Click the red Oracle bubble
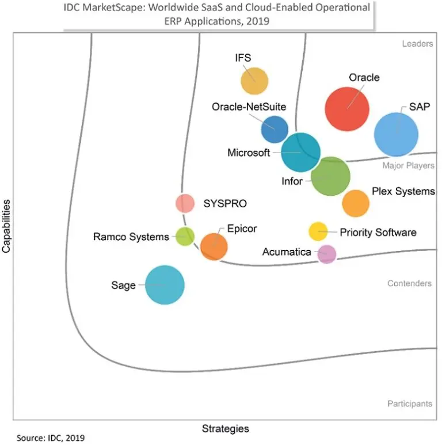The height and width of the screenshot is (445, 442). [347, 108]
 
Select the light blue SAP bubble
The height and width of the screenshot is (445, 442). [396, 134]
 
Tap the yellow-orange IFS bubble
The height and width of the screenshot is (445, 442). [254, 81]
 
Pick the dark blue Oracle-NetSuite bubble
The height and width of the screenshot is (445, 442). [275, 130]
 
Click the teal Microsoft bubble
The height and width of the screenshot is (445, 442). [300, 152]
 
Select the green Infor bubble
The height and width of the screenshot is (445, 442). [330, 177]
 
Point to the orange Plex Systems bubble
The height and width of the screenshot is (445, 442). [355, 203]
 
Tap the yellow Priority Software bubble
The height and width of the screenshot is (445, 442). [318, 231]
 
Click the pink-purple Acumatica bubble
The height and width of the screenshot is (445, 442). [327, 253]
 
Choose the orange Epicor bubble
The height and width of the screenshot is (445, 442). [214, 246]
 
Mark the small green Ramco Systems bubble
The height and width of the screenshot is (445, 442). [185, 237]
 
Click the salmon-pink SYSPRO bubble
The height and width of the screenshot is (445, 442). [185, 203]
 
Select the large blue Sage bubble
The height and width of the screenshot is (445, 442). [165, 284]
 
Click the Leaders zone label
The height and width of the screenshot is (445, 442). [417, 44]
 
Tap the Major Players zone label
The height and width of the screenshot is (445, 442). [409, 166]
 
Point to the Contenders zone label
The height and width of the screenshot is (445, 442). [409, 283]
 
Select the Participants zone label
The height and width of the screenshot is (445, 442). [409, 404]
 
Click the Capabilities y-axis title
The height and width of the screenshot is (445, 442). [7, 226]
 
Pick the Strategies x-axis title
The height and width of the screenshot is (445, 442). [225, 428]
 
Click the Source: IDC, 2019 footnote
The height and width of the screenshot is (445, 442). [51, 438]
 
